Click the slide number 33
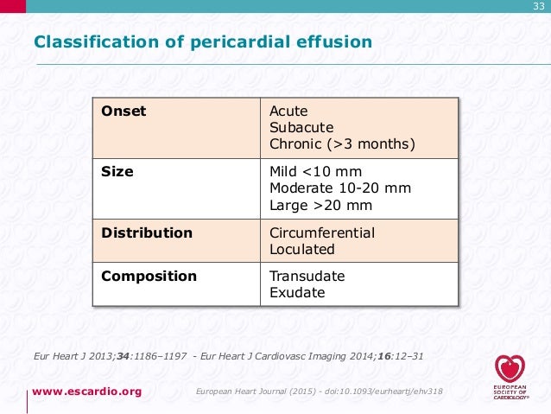pyautogui.click(x=539, y=8)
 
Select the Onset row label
pyautogui.click(x=123, y=111)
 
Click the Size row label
pyautogui.click(x=117, y=172)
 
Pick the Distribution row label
pyautogui.click(x=147, y=232)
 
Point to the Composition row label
pyautogui.click(x=149, y=277)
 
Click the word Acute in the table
pyautogui.click(x=288, y=111)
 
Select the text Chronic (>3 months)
pyautogui.click(x=342, y=144)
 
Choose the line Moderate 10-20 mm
pyautogui.click(x=340, y=188)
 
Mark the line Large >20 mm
pyautogui.click(x=320, y=206)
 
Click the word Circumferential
pyautogui.click(x=322, y=233)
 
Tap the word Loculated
pyautogui.click(x=302, y=250)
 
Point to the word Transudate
pyautogui.click(x=307, y=277)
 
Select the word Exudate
pyautogui.click(x=297, y=293)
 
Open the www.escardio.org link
pyautogui.click(x=86, y=392)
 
